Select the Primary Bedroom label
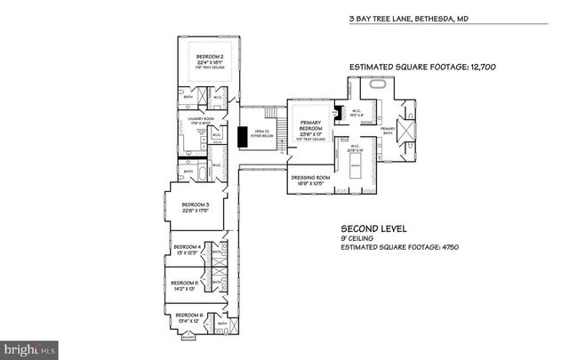coord(310,127)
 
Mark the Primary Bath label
coord(388,129)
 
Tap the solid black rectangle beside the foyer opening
coord(241,138)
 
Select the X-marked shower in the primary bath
coord(410,127)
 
